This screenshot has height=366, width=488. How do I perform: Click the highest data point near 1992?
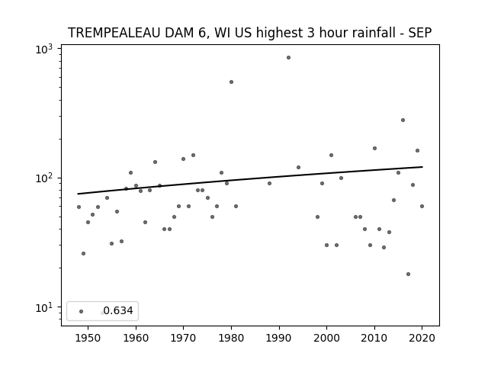pos(288,58)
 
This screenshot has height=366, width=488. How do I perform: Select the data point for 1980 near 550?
pos(231,82)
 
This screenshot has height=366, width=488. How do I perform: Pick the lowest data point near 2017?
pos(408,274)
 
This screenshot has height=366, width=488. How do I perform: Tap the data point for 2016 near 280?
pos(403,120)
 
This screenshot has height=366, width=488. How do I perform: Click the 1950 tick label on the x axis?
pos(88,338)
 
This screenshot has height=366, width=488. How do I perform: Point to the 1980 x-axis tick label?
pos(231,338)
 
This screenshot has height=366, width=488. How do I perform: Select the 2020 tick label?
pos(422,338)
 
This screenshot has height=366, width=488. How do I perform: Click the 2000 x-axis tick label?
pos(326,338)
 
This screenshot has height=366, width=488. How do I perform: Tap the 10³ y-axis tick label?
pos(44,49)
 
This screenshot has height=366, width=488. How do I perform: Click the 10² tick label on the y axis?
pos(44,178)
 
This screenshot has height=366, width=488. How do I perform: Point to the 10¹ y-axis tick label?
pos(44,308)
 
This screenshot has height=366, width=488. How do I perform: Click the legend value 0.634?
pos(118,310)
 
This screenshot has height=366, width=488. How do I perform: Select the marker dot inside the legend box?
pos(82,311)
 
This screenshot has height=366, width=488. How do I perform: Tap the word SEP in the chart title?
pos(419,33)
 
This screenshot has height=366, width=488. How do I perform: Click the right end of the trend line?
pos(422,167)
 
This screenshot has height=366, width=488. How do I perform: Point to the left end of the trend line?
pos(78,194)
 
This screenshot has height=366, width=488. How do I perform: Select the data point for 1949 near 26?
pos(83,254)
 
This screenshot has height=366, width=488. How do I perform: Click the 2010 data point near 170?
pos(374,149)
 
